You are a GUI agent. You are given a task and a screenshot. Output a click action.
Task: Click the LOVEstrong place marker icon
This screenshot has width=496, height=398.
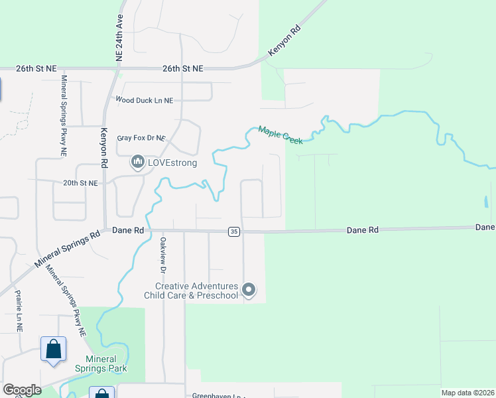click(138, 162)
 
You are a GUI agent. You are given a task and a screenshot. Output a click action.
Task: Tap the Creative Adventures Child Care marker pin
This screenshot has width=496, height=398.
click(249, 289)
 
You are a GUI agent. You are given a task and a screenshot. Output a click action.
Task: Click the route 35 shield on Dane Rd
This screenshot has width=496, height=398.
click(233, 232)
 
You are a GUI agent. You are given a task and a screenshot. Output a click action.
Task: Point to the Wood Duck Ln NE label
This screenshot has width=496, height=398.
click(144, 100)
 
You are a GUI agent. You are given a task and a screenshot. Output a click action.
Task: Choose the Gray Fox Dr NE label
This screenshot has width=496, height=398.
click(141, 138)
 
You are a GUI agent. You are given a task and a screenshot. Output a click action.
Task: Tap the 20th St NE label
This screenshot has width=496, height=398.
click(80, 183)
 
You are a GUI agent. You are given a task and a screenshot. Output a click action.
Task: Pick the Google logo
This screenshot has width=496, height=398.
click(22, 390)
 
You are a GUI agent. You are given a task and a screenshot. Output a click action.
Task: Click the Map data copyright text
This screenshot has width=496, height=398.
click(467, 393)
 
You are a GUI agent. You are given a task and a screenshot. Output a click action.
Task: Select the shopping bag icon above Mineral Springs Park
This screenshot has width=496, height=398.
click(53, 349)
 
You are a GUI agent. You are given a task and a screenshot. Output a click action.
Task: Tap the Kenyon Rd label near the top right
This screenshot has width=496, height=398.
click(284, 42)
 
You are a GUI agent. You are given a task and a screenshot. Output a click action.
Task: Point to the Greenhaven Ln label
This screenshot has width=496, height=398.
click(212, 395)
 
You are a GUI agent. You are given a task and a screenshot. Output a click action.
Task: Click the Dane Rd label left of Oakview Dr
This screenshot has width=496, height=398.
click(128, 230)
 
